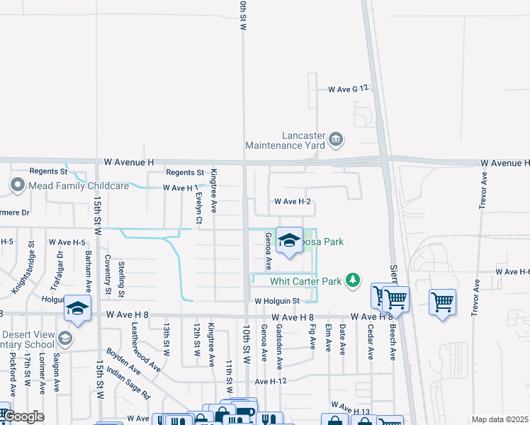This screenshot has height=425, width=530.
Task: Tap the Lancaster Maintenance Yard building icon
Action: tap(337, 138)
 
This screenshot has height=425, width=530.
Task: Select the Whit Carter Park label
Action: tap(305, 281)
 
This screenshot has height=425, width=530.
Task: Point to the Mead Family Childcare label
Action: tap(79, 186)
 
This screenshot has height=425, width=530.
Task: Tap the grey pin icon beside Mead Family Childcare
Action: tap(18, 186)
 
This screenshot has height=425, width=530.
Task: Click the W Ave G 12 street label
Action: tap(349, 89)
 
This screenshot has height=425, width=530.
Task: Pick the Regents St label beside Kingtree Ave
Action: tap(185, 172)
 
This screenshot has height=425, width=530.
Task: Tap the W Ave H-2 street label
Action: tap(294, 202)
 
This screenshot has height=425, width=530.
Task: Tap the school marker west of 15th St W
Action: tap(77, 309)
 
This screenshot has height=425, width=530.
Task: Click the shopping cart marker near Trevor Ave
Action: tap(442, 302)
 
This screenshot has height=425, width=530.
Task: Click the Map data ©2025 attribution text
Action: tap(500, 419)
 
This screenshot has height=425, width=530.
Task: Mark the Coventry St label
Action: tap(108, 275)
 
